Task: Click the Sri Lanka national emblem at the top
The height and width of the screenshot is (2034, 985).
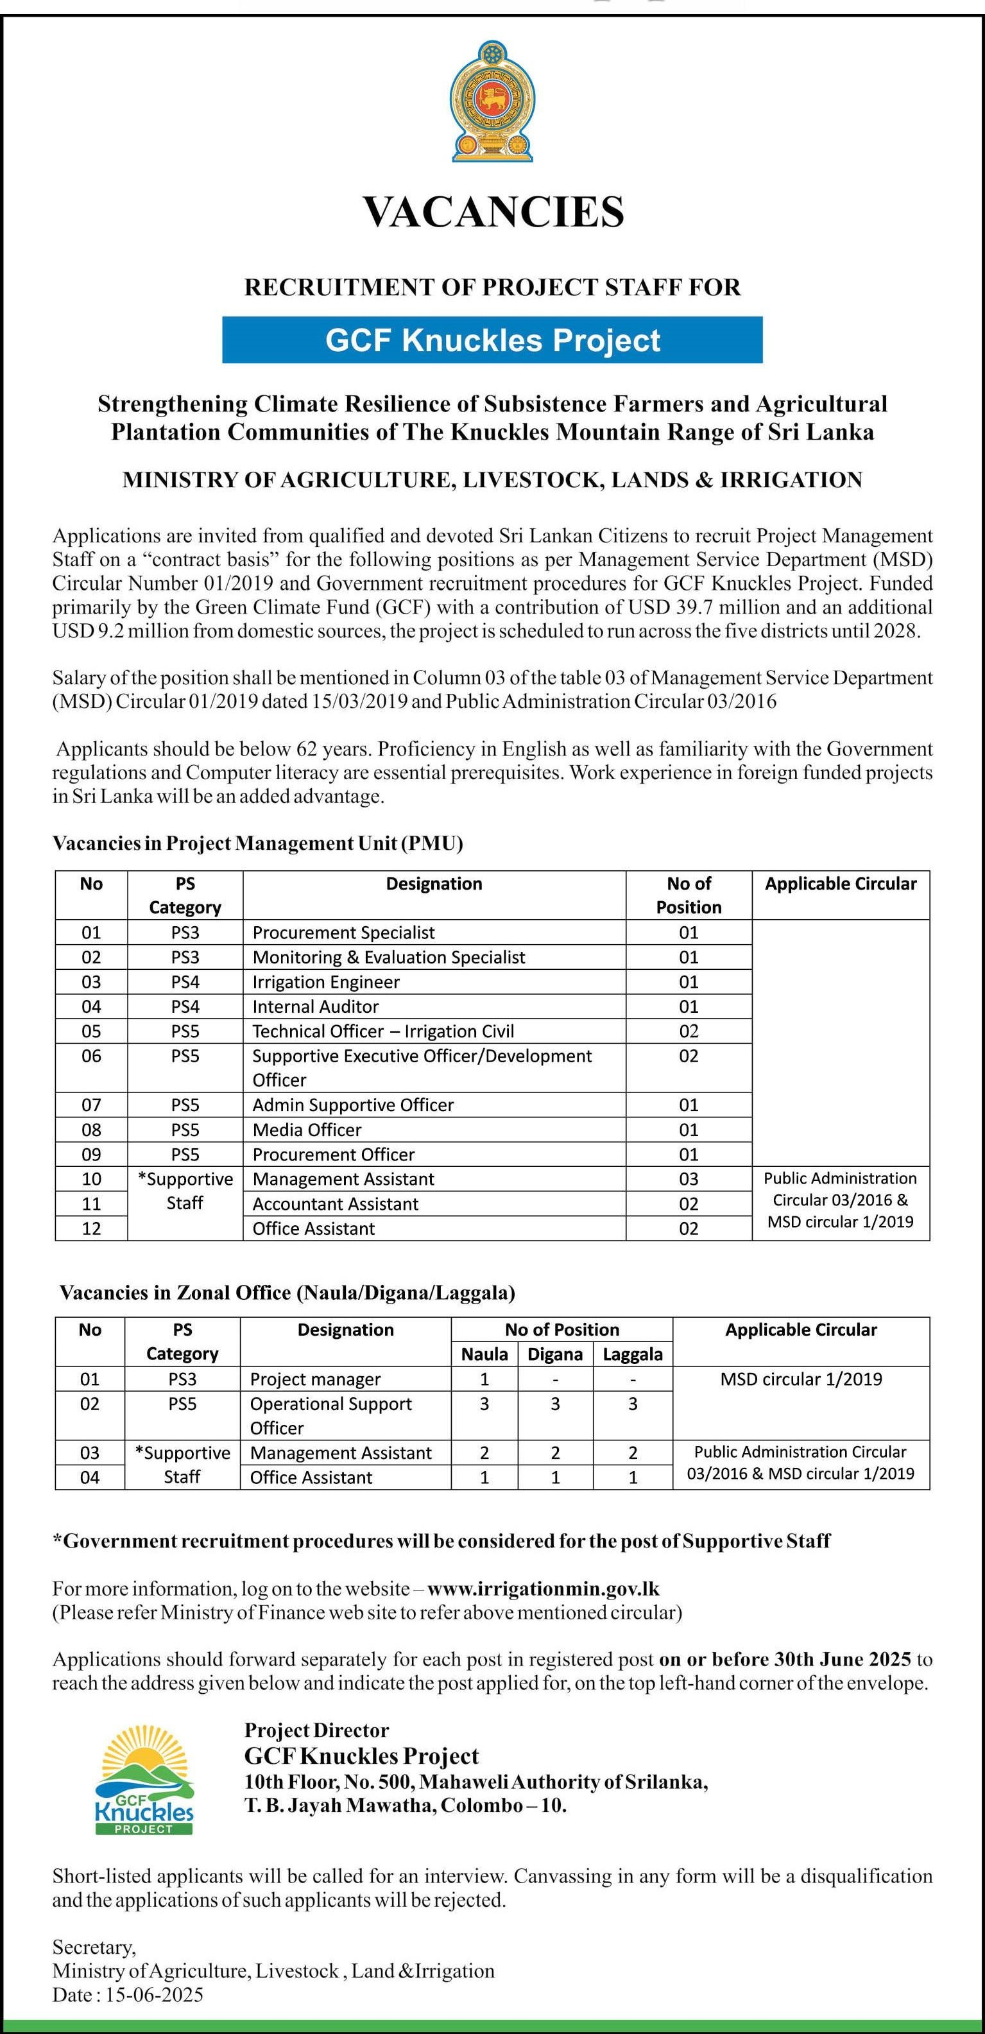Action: [x=491, y=101]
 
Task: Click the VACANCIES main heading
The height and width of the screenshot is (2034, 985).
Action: [x=493, y=212]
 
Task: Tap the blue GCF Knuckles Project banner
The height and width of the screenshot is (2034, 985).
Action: [x=493, y=340]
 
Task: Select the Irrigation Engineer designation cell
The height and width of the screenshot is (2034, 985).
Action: [x=326, y=981]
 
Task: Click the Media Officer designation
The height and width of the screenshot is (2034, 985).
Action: [x=307, y=1129]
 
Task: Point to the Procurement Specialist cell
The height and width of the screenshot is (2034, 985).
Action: [x=343, y=933]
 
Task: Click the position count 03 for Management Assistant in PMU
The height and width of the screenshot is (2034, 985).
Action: [x=689, y=1179]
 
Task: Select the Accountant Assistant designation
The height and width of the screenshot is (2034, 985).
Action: [x=336, y=1203]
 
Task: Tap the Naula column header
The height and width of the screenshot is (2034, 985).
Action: [x=484, y=1354]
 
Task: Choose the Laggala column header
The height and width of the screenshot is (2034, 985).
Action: [x=632, y=1354]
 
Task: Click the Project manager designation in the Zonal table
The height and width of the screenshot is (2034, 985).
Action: [x=315, y=1379]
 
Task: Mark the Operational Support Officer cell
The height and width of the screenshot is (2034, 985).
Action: [x=330, y=1415]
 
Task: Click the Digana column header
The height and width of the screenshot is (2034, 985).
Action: [x=555, y=1354]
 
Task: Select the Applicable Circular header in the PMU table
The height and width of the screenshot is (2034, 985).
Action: [x=841, y=884]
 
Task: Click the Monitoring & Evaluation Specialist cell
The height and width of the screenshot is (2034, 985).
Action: [x=388, y=957]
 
